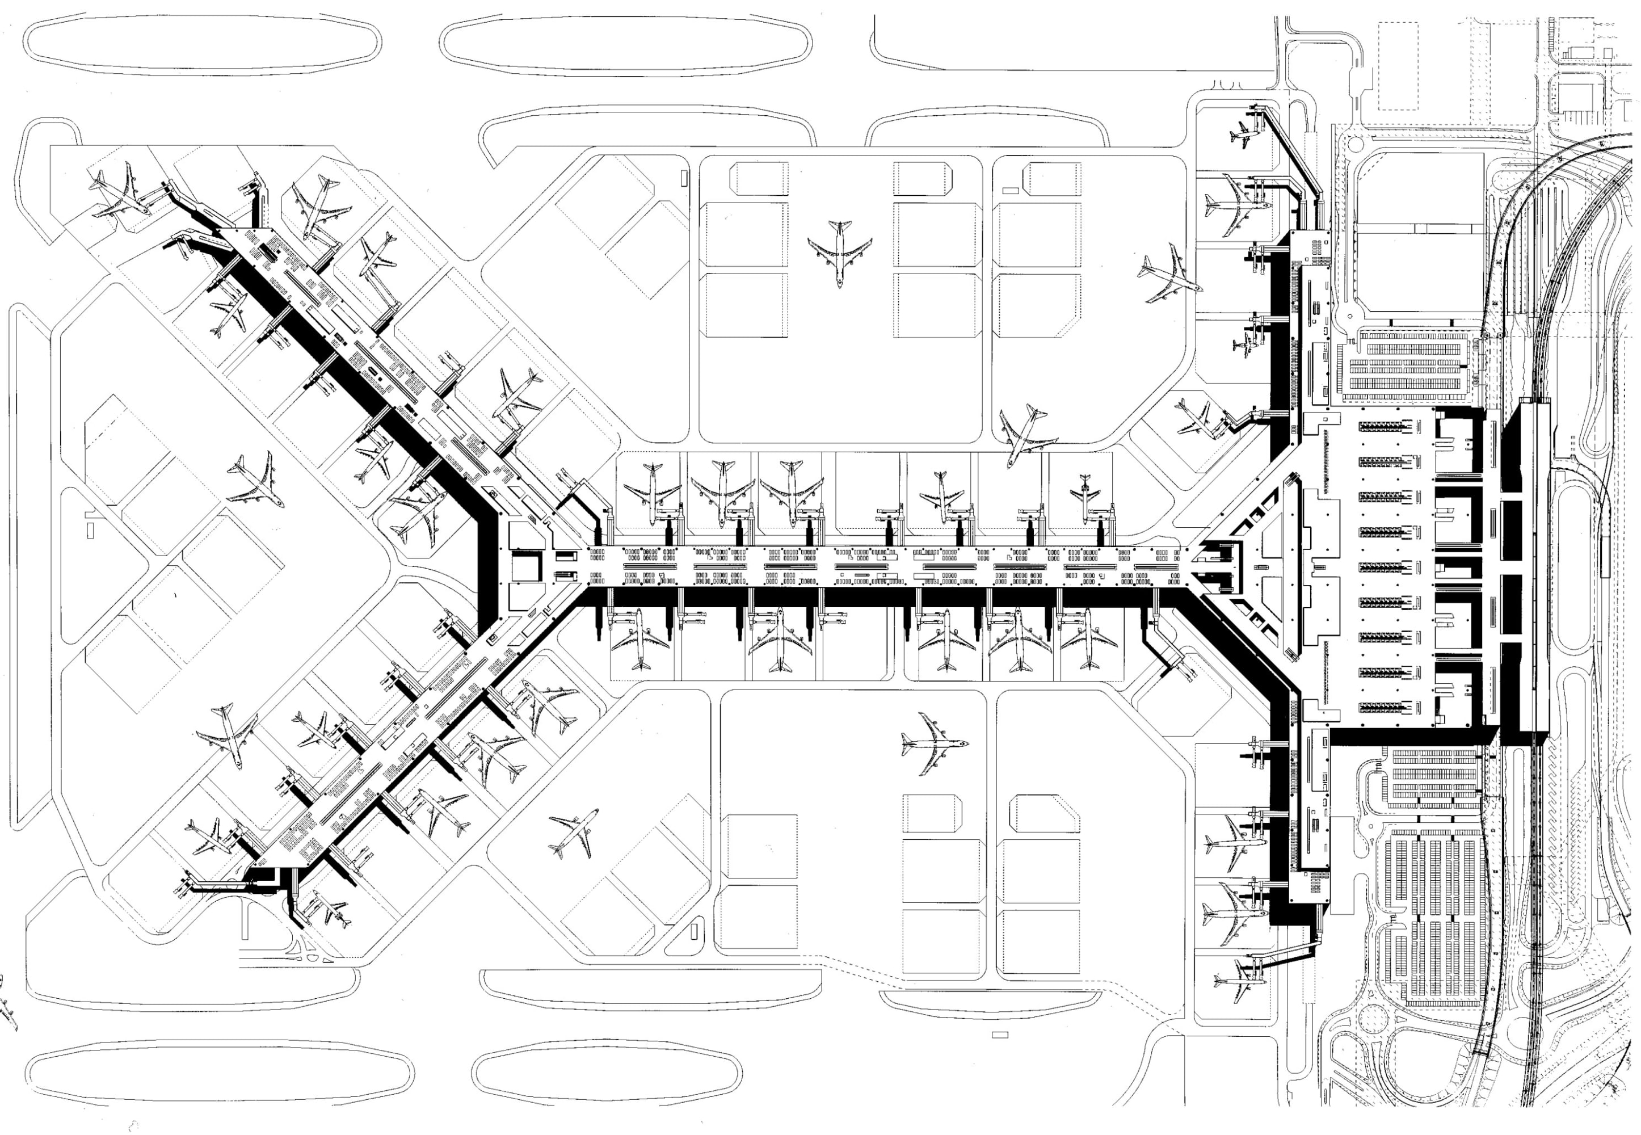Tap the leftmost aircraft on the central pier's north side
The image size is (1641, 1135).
pyautogui.click(x=651, y=491)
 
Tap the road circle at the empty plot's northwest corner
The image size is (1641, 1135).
pyautogui.click(x=1354, y=144)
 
